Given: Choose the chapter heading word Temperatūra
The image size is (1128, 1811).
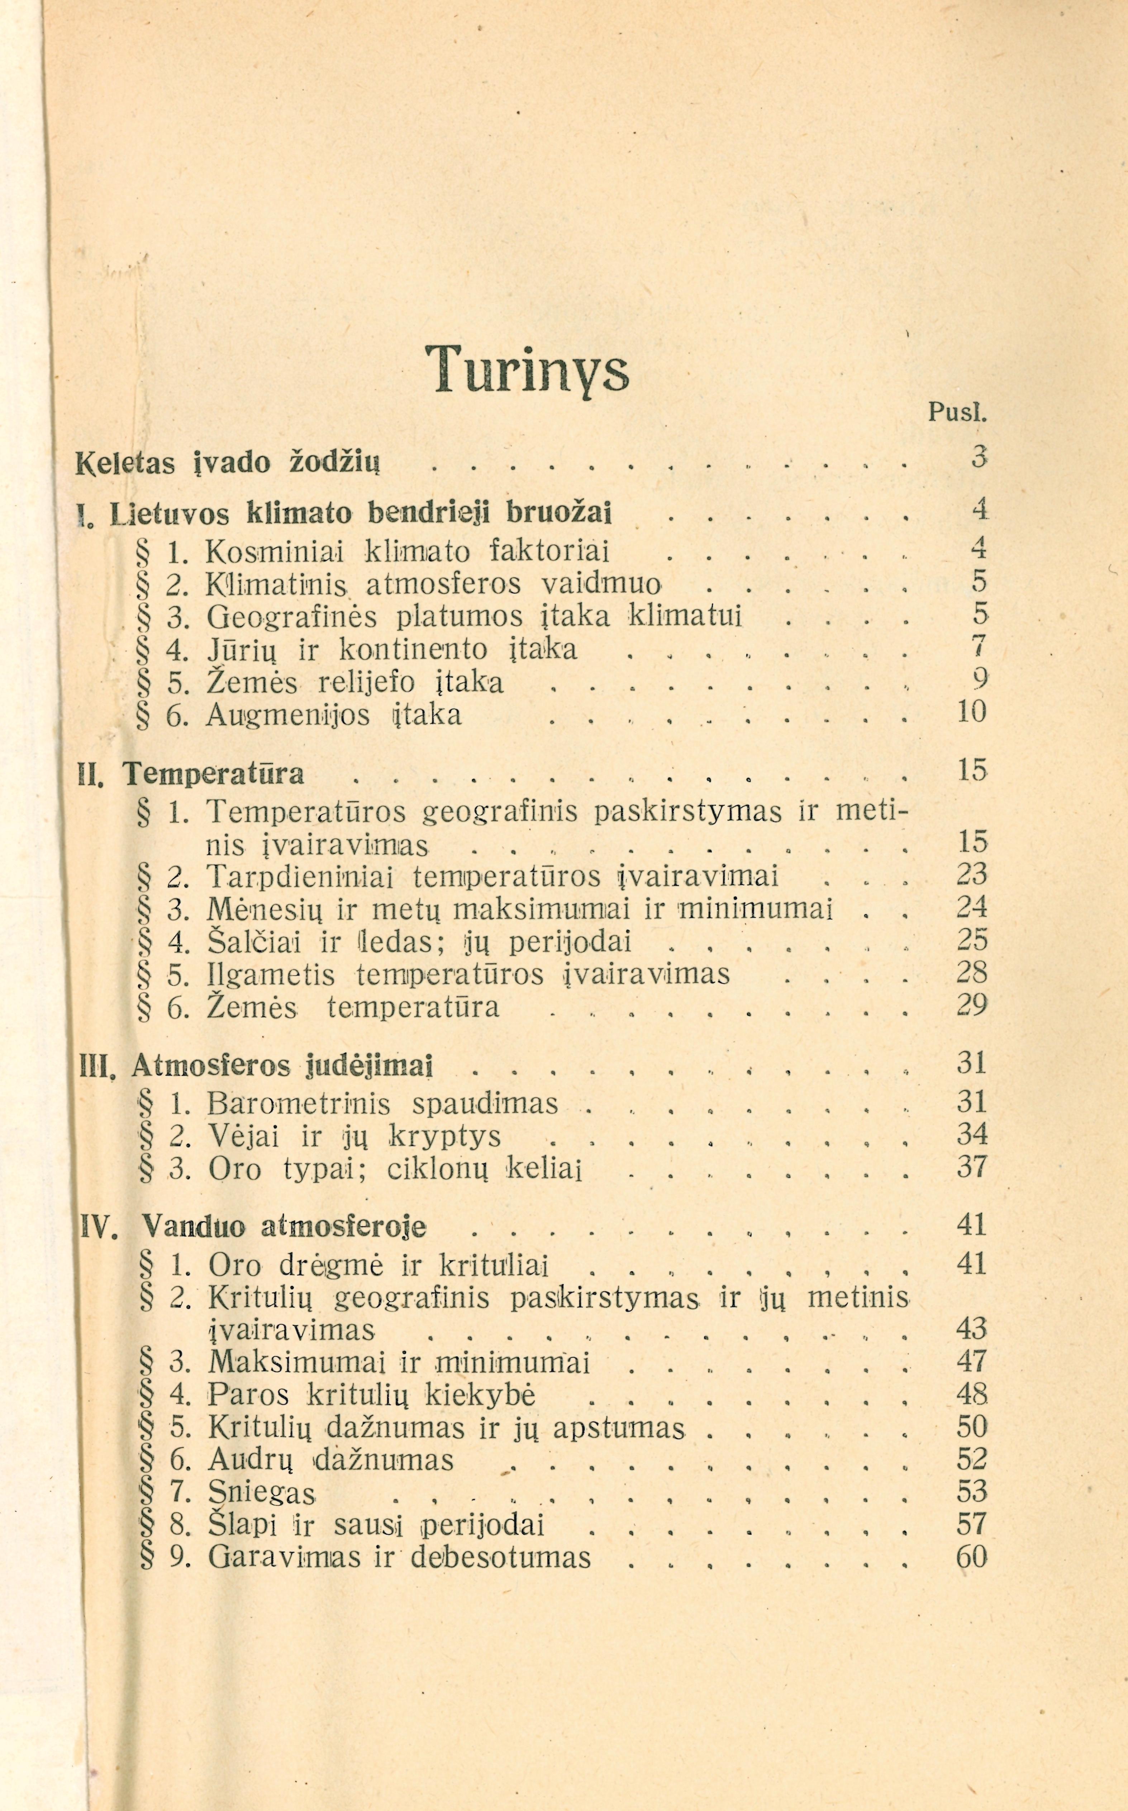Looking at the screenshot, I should coord(214,773).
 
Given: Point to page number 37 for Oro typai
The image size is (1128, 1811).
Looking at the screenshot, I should coord(971,1166).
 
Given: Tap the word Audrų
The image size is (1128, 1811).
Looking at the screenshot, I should coord(250,1459).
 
